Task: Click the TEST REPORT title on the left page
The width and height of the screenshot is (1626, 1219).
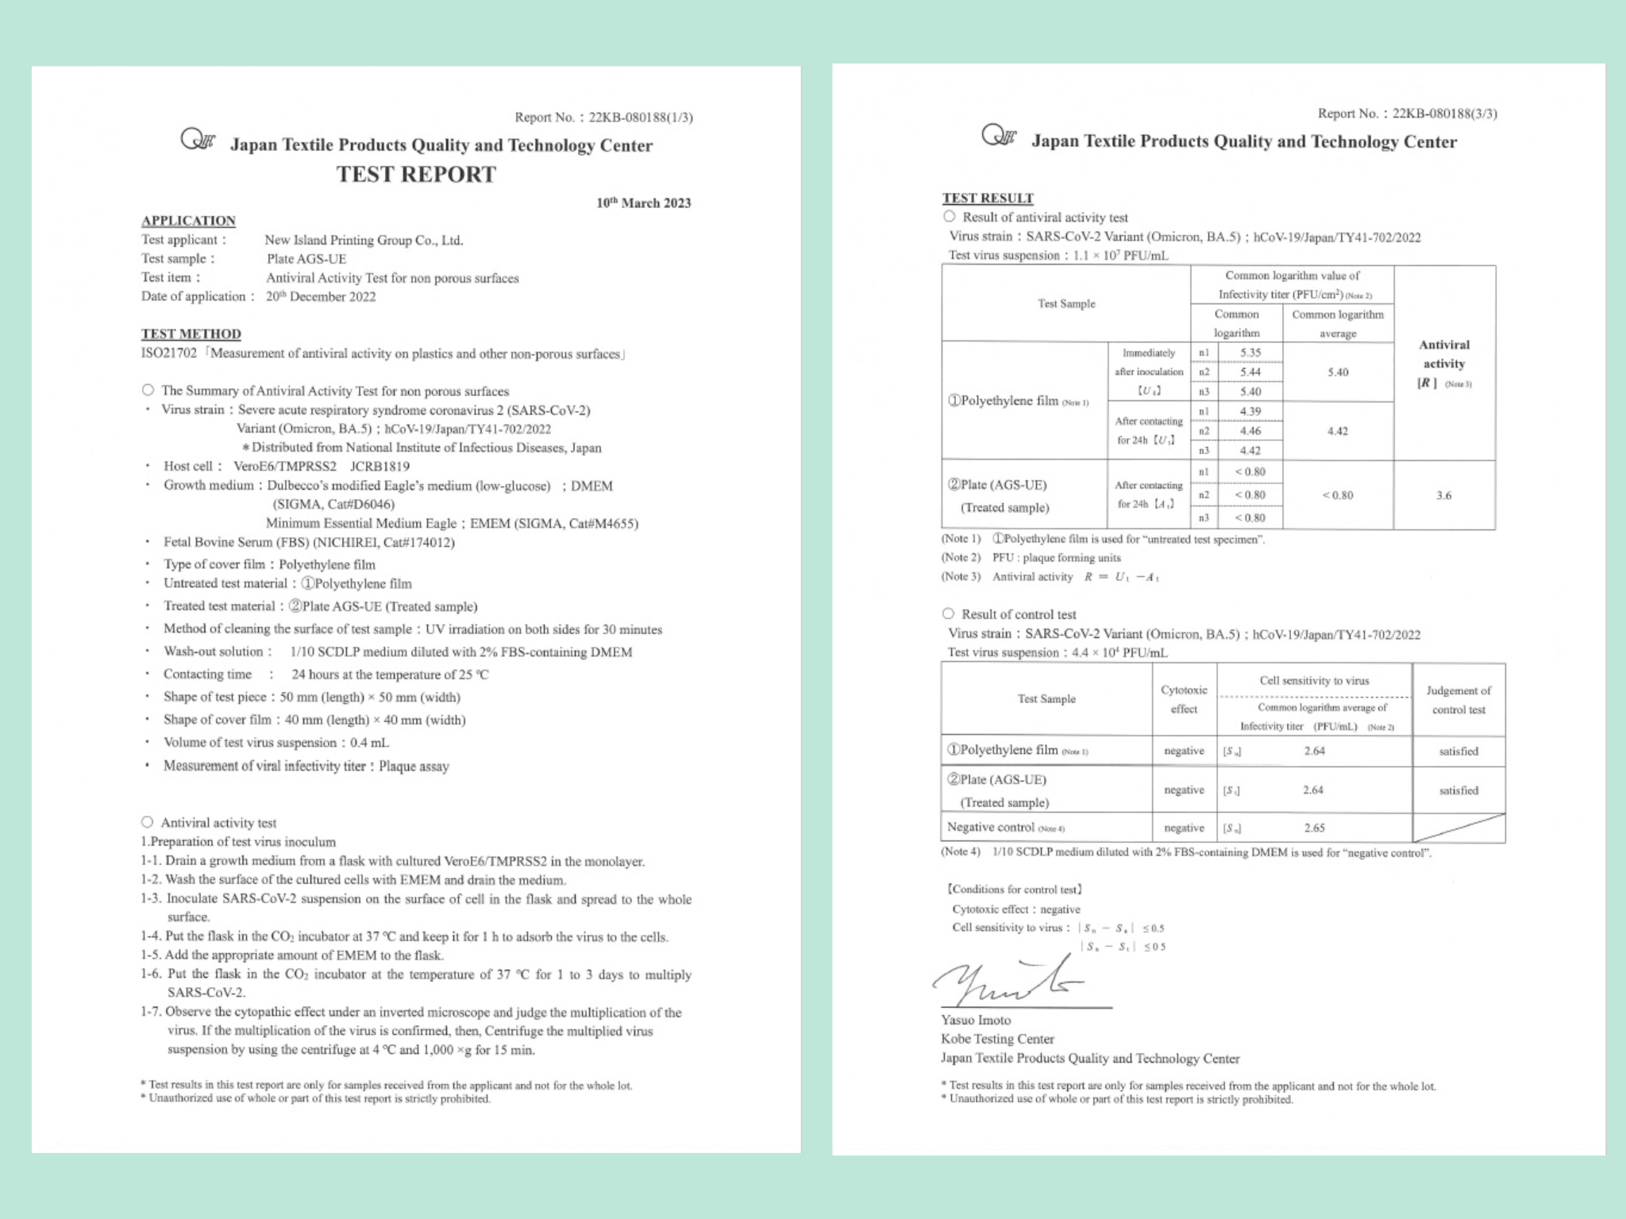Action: pos(416,175)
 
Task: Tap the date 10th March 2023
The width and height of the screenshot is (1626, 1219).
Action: pos(643,203)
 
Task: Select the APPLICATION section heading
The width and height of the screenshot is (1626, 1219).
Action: pos(188,221)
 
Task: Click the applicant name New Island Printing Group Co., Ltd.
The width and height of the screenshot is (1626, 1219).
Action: pos(364,240)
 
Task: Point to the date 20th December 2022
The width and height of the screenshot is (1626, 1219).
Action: pos(321,297)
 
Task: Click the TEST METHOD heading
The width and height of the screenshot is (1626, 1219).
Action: pos(191,334)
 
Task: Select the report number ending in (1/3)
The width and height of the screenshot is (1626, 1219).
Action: pos(603,117)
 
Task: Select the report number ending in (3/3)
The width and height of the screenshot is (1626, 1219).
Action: pos(1407,113)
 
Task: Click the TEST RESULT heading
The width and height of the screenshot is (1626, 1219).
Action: pos(988,198)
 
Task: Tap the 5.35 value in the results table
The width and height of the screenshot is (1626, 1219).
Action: pos(1250,352)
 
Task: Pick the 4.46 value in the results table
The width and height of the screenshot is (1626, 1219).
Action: pos(1250,431)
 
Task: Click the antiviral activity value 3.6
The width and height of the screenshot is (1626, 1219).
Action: pos(1443,495)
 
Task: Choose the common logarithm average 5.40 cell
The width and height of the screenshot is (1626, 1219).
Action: pos(1338,372)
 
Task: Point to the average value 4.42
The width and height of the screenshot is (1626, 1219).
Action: pos(1338,431)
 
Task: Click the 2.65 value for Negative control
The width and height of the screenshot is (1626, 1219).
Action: pos(1314,828)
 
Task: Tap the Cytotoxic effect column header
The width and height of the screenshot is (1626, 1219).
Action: pos(1184,699)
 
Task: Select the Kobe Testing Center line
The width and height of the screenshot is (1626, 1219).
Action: pos(997,1039)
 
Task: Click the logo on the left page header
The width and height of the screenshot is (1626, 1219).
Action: pos(198,140)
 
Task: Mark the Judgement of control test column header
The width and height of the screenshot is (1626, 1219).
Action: pos(1458,700)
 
